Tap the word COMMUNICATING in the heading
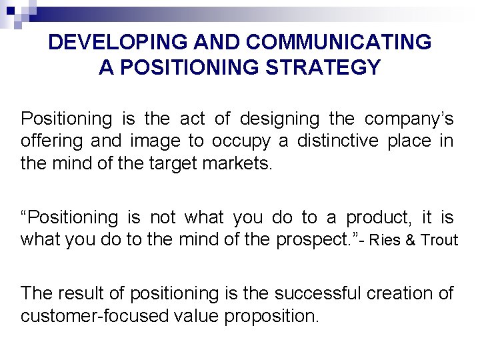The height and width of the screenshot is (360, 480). [x=338, y=43]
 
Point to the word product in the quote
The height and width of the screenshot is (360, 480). [x=376, y=217]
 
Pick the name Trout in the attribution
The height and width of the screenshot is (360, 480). [x=439, y=240]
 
